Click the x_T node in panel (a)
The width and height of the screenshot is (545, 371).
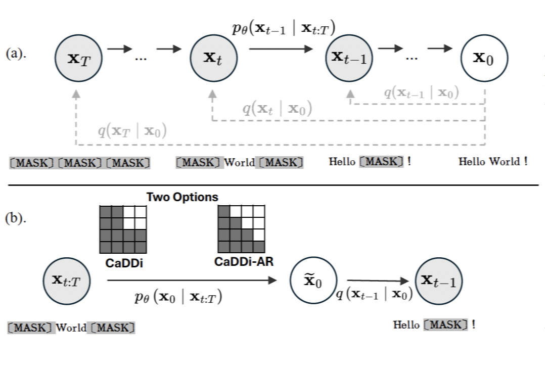[79, 59]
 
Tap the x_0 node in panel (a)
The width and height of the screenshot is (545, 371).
[484, 58]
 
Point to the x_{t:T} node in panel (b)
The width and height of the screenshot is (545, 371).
[66, 281]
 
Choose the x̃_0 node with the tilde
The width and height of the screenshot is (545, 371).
[313, 281]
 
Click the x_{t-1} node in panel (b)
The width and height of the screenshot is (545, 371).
[438, 281]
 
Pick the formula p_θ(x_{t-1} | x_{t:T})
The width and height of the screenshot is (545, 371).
[284, 29]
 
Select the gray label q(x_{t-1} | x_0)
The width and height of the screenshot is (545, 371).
[421, 92]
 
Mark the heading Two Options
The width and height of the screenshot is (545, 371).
[183, 198]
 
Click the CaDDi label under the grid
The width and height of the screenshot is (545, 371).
[123, 263]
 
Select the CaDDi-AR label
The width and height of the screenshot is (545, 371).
[241, 262]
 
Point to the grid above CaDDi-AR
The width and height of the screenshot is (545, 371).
[241, 229]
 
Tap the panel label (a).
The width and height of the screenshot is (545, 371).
[16, 55]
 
